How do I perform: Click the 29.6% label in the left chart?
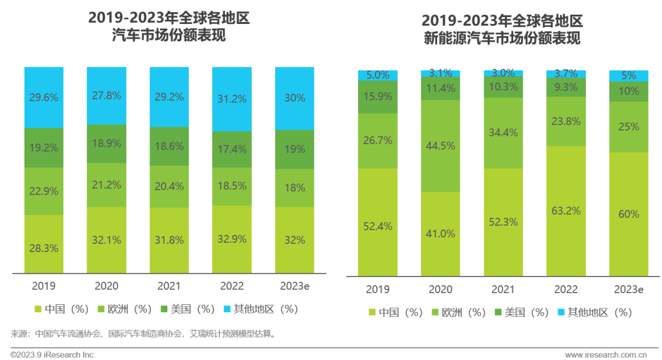tap(44, 97)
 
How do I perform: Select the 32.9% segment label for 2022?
tap(231, 240)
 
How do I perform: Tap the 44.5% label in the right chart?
tap(440, 145)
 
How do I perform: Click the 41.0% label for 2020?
tap(440, 234)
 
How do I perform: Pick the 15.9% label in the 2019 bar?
tap(378, 97)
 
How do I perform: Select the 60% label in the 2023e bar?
tap(628, 214)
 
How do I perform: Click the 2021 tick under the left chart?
tap(169, 286)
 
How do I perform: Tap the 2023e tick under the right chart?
tap(628, 289)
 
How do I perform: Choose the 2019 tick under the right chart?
tap(378, 289)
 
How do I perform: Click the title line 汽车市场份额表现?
tap(169, 36)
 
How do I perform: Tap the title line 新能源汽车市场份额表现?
tap(502, 39)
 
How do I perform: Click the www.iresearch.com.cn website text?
tap(606, 354)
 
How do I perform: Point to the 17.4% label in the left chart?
tap(231, 149)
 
